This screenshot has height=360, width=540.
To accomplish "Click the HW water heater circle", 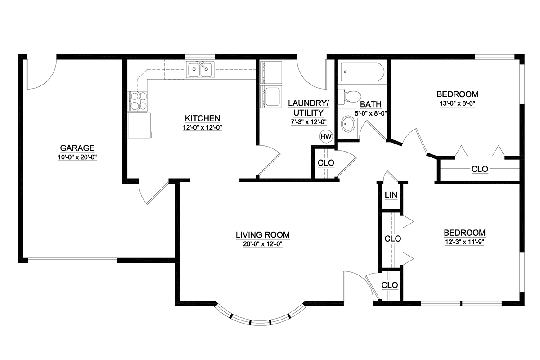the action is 326,136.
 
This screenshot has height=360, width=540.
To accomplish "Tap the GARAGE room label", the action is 77,148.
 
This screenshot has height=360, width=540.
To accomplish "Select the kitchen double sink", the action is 200,69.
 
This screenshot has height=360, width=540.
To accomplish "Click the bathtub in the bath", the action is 362,72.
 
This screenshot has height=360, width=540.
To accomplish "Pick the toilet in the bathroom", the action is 349,96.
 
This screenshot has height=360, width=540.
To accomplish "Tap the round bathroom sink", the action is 348,124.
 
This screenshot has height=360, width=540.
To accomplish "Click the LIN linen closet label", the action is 391,195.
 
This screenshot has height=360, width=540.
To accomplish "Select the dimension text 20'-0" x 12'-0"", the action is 262,244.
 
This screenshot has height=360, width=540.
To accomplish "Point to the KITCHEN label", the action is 202,118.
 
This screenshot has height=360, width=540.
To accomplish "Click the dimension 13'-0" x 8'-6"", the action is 457,103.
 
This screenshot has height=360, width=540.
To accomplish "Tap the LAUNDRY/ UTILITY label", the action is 308,108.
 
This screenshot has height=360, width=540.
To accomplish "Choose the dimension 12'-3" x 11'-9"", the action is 464,242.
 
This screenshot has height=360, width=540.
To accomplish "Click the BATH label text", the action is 371,104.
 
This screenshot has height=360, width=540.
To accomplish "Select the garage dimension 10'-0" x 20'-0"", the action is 77,157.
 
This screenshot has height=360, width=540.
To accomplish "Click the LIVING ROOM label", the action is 262,234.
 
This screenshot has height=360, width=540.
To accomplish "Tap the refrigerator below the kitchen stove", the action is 139,126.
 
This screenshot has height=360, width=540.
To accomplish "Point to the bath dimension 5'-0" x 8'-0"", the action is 371,113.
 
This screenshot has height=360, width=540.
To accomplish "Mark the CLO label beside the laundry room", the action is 326,163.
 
